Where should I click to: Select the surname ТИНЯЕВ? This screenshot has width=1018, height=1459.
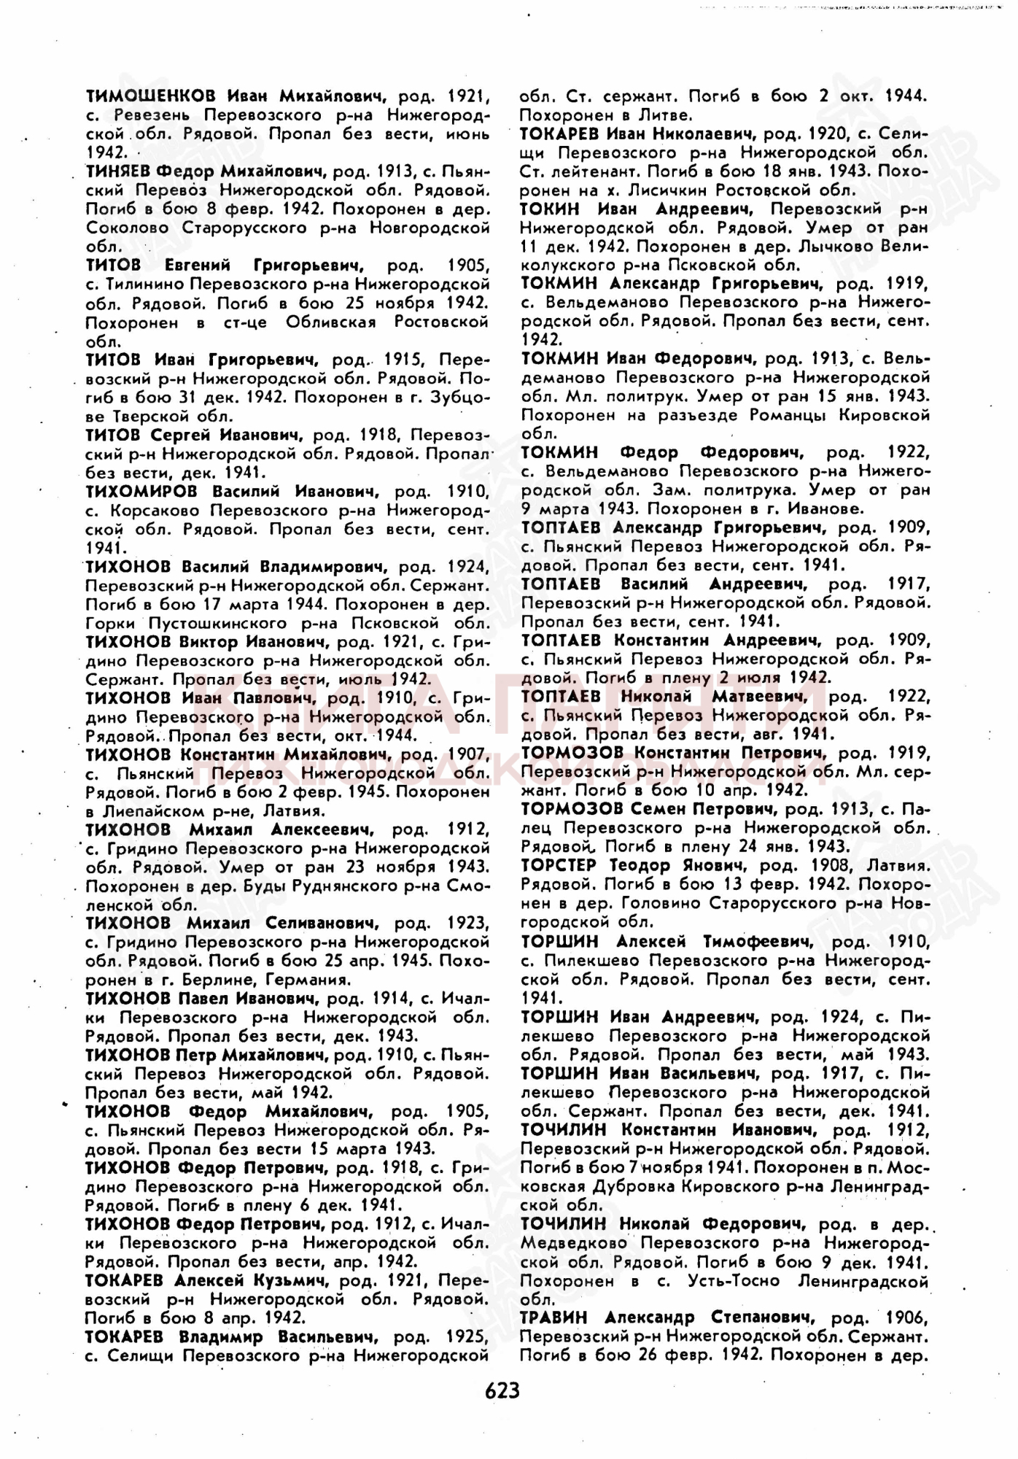pos(117,171)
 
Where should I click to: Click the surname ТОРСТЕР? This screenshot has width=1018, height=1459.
pos(559,865)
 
